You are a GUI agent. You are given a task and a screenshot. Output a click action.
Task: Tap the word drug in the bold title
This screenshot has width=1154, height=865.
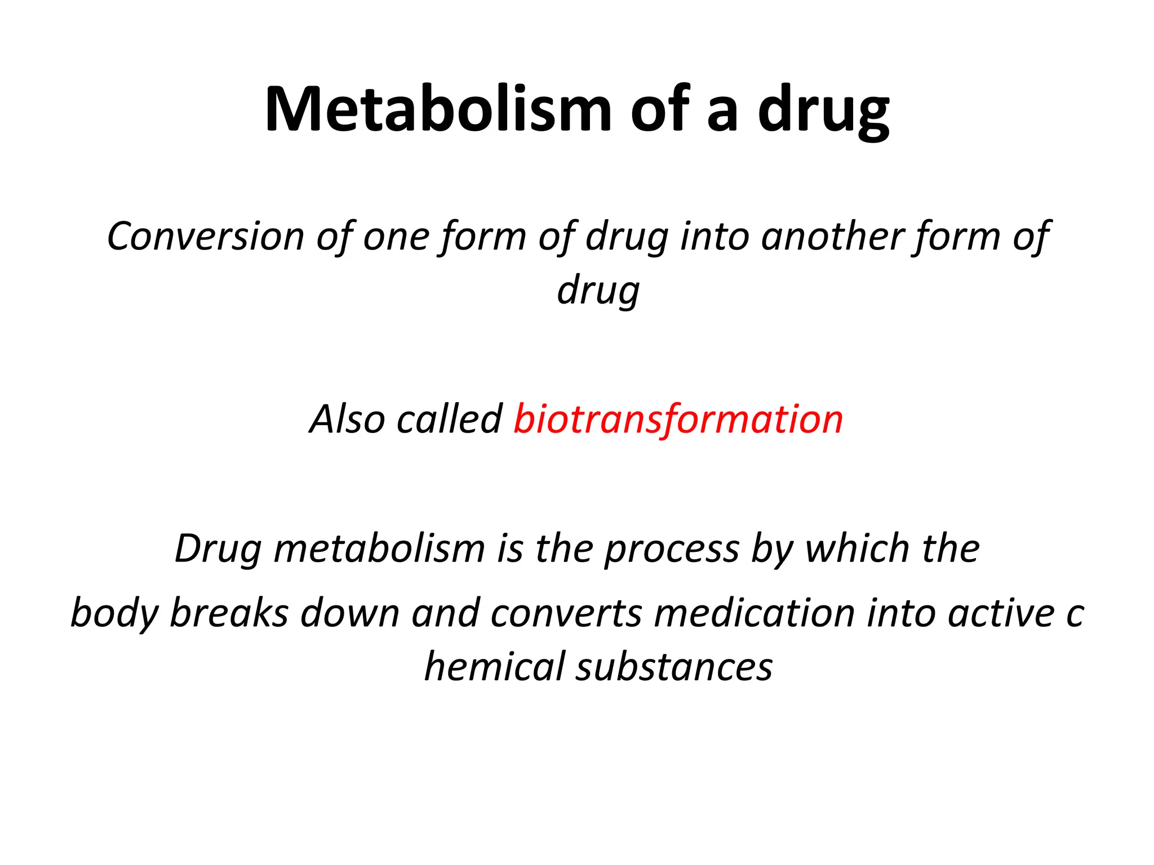coord(823,110)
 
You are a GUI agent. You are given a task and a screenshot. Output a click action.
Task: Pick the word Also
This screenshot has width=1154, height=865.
coord(347,419)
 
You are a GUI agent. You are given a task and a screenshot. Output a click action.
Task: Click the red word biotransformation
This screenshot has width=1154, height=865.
coord(678,420)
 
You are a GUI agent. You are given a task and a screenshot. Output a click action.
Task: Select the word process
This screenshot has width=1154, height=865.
coord(672,550)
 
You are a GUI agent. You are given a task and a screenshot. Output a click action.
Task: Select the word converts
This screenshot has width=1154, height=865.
coord(566,613)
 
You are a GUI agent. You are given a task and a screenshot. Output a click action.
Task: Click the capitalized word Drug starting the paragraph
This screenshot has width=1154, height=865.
coord(218,549)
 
